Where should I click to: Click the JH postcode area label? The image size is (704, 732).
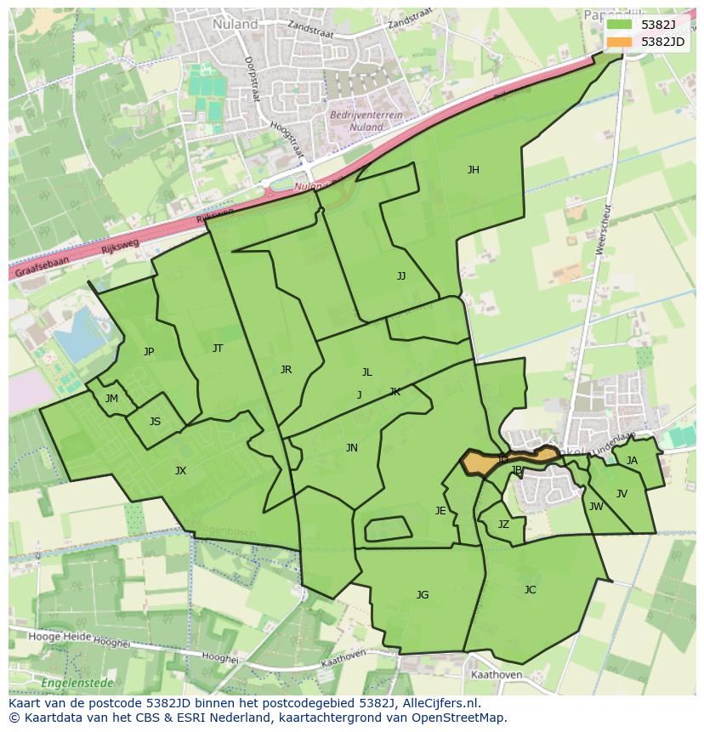473,170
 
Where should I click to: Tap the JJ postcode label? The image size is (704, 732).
401,276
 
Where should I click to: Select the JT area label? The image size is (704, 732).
218,349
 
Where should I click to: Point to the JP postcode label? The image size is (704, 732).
149,352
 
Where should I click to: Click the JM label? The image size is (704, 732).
111,399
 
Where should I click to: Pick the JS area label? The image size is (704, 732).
155,422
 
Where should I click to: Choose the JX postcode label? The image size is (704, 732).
180,471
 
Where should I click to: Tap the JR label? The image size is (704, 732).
286,370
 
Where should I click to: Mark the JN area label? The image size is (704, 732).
351,448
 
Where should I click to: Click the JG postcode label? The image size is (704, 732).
423,595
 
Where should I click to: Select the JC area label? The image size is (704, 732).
530,590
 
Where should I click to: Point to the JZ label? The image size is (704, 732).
503,525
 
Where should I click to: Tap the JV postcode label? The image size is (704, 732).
622,494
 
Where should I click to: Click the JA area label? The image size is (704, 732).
632,461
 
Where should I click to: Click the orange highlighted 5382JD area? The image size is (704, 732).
480,462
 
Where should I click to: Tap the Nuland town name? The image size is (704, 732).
236,25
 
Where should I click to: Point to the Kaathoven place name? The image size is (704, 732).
496,675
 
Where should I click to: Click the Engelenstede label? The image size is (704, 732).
72,682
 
